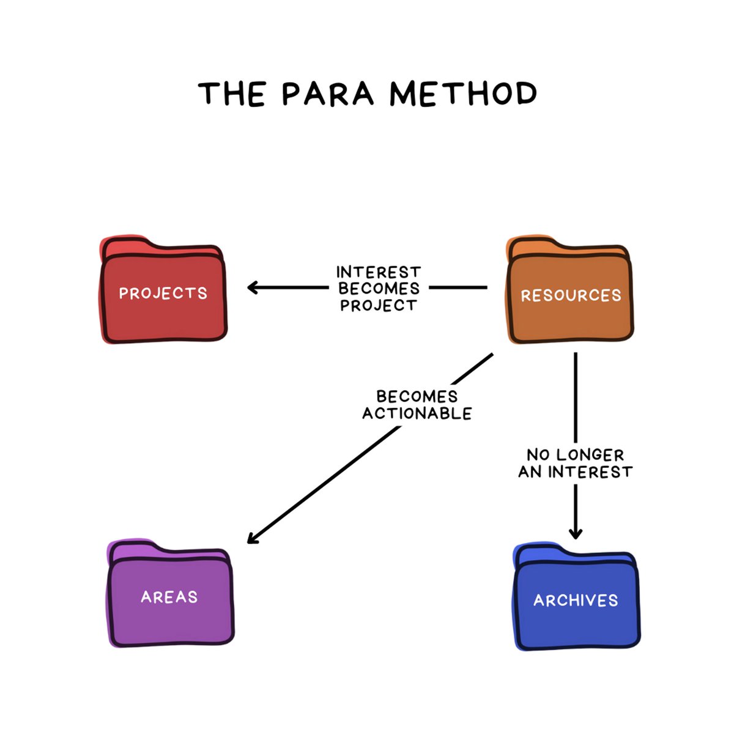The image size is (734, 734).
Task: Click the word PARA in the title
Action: [x=327, y=94]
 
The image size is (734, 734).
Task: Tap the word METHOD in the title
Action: [x=463, y=94]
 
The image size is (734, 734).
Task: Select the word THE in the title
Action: [x=232, y=94]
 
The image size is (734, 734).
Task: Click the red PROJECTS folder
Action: [x=163, y=306]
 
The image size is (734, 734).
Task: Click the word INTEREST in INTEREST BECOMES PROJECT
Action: [x=379, y=272]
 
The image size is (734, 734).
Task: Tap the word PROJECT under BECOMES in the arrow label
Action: [x=379, y=305]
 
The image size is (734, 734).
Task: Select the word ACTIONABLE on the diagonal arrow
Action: [x=417, y=414]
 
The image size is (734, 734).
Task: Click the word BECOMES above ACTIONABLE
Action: [x=417, y=396]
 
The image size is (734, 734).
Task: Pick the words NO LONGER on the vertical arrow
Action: [x=575, y=455]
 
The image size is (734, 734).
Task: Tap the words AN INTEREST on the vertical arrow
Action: [x=575, y=472]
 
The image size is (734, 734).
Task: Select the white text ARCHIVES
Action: [x=576, y=600]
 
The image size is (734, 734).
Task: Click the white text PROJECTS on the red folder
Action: [x=163, y=294]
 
